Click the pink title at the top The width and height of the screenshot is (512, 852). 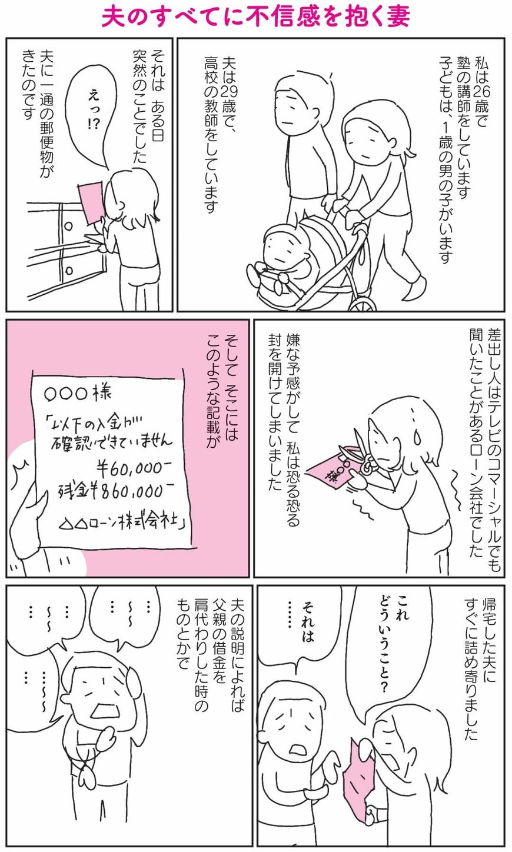click(255, 18)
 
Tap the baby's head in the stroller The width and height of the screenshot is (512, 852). click(281, 247)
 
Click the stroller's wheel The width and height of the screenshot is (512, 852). click(363, 304)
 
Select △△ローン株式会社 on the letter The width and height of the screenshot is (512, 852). click(122, 525)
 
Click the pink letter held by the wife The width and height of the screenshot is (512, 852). click(360, 776)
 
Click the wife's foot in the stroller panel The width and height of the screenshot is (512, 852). click(415, 289)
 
